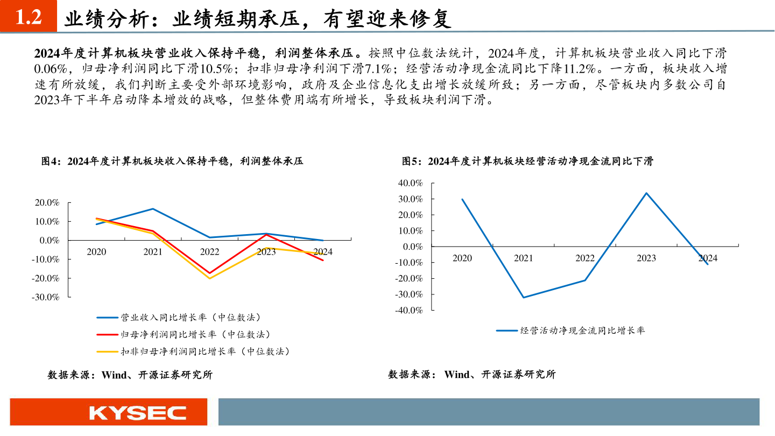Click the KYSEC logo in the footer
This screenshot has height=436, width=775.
[138, 413]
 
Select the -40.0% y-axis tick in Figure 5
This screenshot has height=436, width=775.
[408, 310]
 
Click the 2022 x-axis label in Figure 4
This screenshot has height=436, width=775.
[209, 252]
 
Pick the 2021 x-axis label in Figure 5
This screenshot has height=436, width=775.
[523, 258]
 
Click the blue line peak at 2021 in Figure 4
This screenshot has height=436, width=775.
[153, 209]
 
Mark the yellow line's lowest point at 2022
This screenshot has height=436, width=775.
[209, 278]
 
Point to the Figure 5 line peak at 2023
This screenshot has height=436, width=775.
[646, 193]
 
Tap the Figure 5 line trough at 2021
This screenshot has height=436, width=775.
[523, 298]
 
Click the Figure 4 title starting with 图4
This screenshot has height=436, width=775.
[172, 161]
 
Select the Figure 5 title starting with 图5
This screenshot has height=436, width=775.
[527, 161]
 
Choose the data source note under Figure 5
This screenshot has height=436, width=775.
[471, 375]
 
